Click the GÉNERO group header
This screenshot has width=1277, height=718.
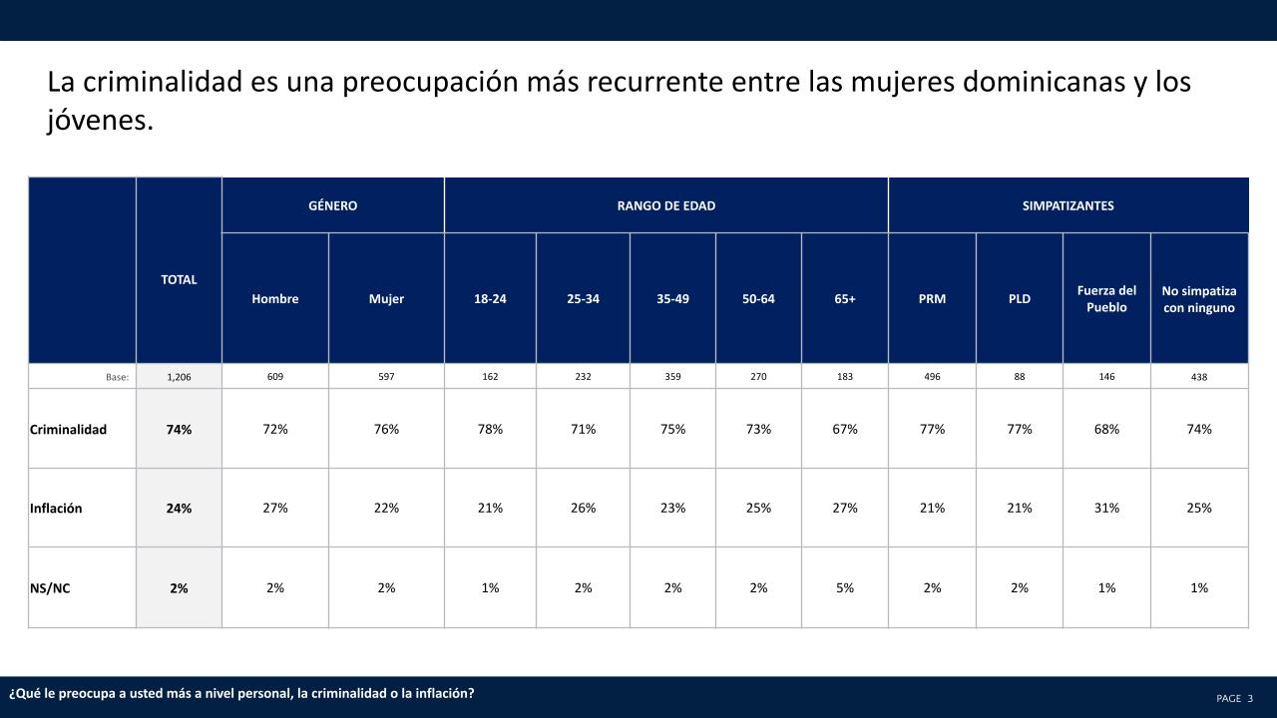click(x=332, y=205)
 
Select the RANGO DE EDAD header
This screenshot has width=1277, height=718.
click(x=665, y=205)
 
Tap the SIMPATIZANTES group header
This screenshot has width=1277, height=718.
click(x=1067, y=205)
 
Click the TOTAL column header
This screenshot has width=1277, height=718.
click(x=179, y=280)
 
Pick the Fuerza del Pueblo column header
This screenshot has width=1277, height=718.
click(x=1106, y=299)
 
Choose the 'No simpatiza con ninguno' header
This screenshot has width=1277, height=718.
click(x=1198, y=299)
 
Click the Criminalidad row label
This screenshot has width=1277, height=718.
click(x=68, y=430)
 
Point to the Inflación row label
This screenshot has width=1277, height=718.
click(x=56, y=509)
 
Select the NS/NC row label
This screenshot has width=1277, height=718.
click(x=50, y=588)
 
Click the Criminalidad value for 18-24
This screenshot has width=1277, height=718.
click(x=490, y=430)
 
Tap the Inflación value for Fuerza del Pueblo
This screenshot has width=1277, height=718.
click(x=1106, y=509)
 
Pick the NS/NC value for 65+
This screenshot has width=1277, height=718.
click(x=845, y=588)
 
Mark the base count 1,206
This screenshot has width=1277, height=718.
click(x=179, y=377)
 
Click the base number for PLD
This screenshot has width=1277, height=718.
click(x=1019, y=377)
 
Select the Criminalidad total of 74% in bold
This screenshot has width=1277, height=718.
click(x=179, y=430)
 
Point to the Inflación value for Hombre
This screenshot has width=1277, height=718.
click(x=275, y=509)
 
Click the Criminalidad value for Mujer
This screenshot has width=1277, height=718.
click(x=386, y=430)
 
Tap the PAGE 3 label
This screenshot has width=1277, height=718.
click(x=1234, y=698)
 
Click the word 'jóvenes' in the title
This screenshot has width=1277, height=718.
click(x=100, y=122)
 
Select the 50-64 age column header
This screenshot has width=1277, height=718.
click(x=758, y=299)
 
